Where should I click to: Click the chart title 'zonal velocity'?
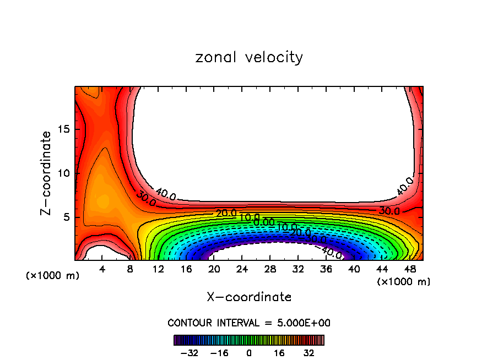pos(249,57)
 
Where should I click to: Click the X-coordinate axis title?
pos(249,297)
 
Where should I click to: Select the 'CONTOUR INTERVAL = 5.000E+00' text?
pos(249,323)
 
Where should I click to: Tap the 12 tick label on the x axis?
pos(158,269)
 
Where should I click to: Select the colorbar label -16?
pos(220,352)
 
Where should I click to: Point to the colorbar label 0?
pos(249,352)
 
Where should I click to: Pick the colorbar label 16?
pos(279,352)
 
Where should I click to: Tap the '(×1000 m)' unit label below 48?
pos(403,282)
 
